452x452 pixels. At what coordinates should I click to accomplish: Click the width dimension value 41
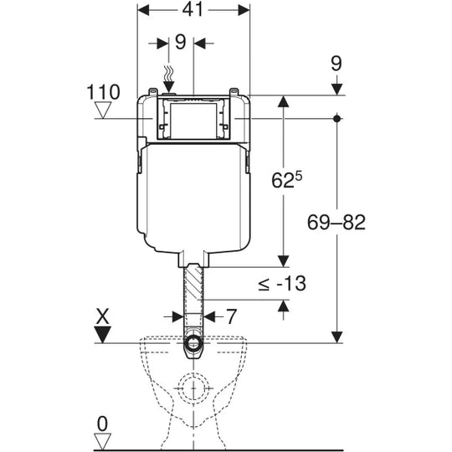[193, 10]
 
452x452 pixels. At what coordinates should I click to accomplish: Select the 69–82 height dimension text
[336, 223]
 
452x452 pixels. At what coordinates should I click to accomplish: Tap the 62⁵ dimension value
[287, 180]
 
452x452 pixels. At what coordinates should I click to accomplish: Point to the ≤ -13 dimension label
[282, 284]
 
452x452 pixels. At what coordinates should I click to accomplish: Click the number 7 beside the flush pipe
[231, 316]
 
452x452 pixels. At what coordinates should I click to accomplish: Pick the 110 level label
[103, 92]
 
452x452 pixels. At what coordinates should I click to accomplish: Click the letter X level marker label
[103, 316]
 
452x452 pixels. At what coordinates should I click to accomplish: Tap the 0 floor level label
[102, 424]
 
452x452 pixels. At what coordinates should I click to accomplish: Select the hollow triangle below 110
[103, 110]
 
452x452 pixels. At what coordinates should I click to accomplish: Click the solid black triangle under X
[103, 335]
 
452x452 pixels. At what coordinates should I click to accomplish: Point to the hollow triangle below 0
[103, 441]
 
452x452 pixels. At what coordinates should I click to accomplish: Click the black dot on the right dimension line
[336, 119]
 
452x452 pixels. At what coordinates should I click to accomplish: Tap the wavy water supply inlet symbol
[168, 74]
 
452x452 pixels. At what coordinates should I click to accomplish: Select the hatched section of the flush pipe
[193, 284]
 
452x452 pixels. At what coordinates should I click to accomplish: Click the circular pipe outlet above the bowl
[193, 343]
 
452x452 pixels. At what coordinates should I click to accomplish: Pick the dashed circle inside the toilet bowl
[193, 388]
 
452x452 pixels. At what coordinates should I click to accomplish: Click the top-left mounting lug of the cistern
[153, 92]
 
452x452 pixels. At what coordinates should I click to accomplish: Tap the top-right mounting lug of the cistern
[234, 92]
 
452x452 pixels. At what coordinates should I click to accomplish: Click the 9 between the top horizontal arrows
[181, 43]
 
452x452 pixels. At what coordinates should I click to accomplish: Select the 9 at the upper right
[336, 64]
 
